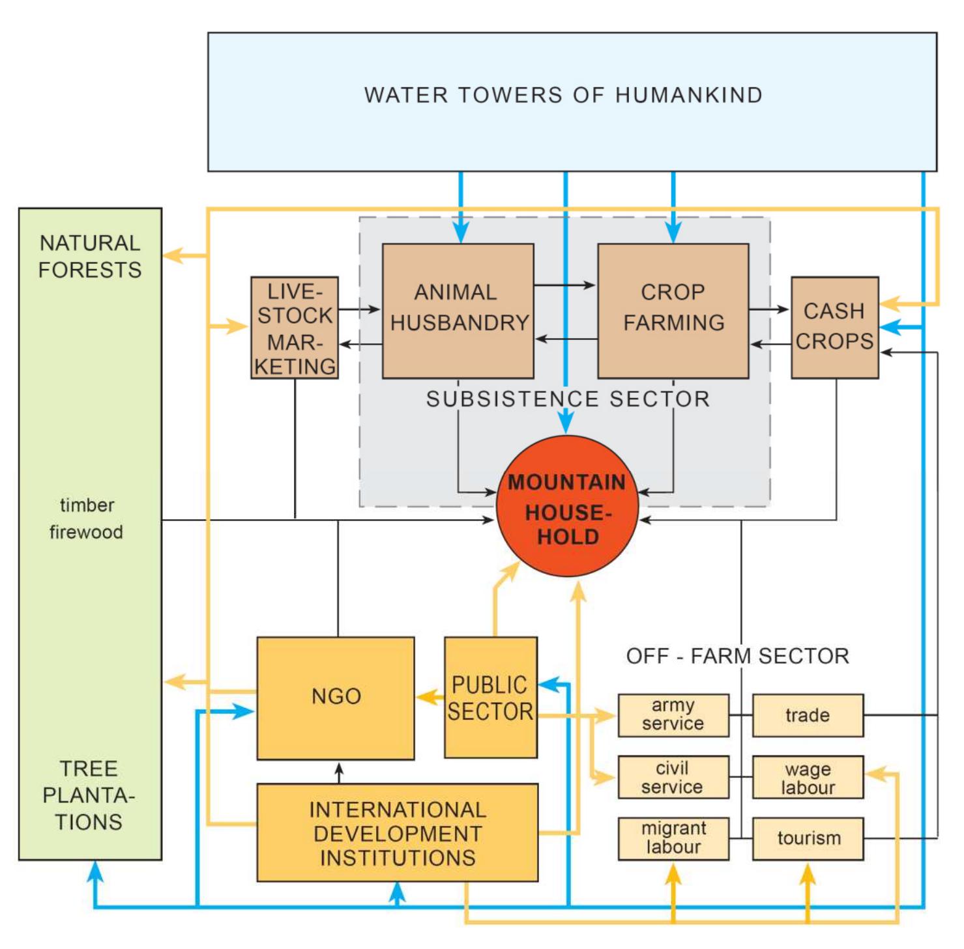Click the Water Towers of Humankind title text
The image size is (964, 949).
563,95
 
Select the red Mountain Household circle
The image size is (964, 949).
566,507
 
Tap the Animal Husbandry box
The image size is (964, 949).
458,310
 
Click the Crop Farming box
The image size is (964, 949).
673,310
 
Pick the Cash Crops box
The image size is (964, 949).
834,327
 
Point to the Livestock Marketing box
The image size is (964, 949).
295,328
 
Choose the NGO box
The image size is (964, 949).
336,697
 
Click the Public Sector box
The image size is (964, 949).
490,697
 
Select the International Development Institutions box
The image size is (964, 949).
397,833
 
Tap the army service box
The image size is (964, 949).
673,715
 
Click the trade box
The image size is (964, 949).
808,715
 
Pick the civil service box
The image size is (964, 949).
673,777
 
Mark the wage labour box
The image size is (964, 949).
808,777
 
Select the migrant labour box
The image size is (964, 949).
673,838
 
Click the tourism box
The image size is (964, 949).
808,838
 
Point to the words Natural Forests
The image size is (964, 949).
90,257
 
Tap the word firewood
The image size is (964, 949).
86,532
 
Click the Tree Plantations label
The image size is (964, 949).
89,795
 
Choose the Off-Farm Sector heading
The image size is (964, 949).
737,656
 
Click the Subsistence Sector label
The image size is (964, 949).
567,399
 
